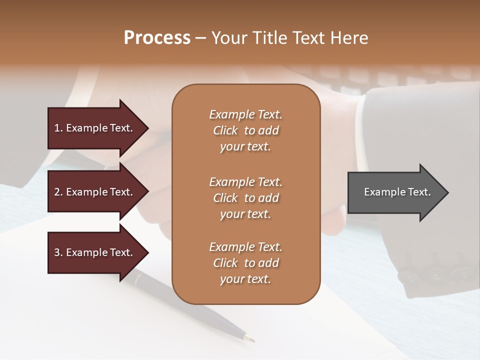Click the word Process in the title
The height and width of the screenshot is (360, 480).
pyautogui.click(x=157, y=38)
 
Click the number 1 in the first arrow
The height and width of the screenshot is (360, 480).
pyautogui.click(x=57, y=128)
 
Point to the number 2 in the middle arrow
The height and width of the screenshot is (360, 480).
pyautogui.click(x=57, y=192)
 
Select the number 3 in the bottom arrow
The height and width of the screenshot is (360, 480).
pyautogui.click(x=57, y=252)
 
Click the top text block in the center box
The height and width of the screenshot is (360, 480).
pyautogui.click(x=245, y=130)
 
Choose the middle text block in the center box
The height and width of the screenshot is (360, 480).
pyautogui.click(x=245, y=198)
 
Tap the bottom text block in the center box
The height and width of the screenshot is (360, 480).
pyautogui.click(x=245, y=263)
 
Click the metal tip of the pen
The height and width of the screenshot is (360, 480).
pyautogui.click(x=248, y=338)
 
